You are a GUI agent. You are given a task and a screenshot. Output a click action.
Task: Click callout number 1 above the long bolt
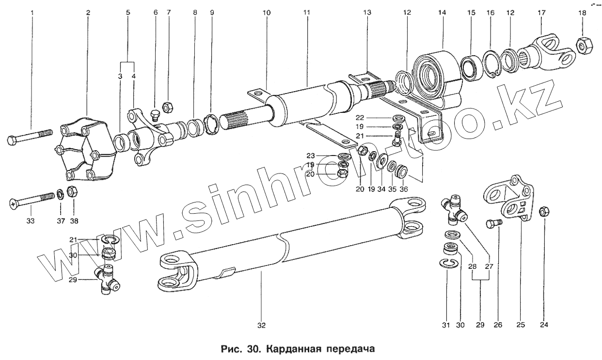[32, 12]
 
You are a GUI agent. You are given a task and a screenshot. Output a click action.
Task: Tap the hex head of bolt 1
[14, 141]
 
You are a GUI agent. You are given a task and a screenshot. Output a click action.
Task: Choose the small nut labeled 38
[71, 191]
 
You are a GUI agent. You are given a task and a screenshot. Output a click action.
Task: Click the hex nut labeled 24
[544, 211]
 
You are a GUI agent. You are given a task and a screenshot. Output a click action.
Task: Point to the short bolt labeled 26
[494, 224]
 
